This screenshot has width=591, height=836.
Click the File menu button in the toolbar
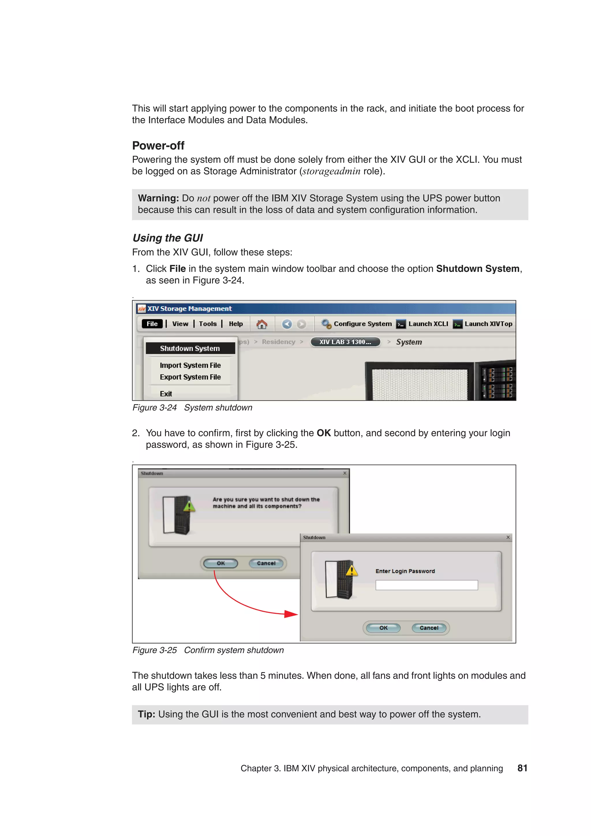(152, 324)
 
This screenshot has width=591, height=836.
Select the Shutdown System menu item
(190, 349)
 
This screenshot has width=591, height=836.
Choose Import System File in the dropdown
(190, 365)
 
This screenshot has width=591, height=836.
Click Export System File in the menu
(190, 377)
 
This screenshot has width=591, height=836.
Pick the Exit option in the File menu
(166, 394)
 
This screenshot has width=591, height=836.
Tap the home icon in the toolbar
(261, 324)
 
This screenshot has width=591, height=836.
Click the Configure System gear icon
(326, 324)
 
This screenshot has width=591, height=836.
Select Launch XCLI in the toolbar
(428, 324)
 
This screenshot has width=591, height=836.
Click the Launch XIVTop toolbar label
(488, 324)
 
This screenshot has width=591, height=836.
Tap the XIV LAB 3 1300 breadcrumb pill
(345, 342)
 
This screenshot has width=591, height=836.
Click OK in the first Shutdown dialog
(221, 563)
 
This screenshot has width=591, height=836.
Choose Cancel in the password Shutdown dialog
(429, 628)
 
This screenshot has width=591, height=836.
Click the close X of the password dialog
(508, 537)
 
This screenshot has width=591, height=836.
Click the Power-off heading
(158, 146)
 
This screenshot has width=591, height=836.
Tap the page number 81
(522, 768)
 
